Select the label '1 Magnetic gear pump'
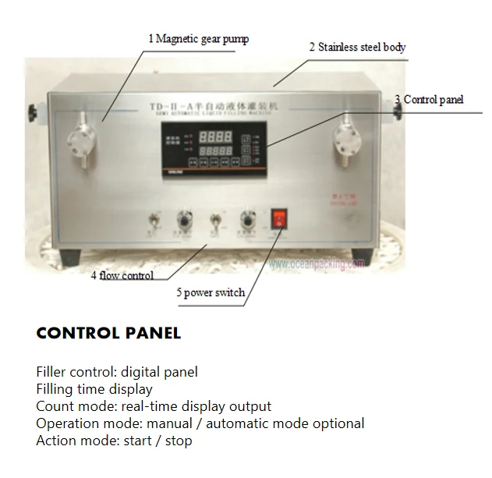199,38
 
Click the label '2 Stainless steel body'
356,47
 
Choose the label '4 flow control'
122,275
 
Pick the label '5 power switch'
210,293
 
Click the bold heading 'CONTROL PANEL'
108,334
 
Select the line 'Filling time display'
94,389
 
